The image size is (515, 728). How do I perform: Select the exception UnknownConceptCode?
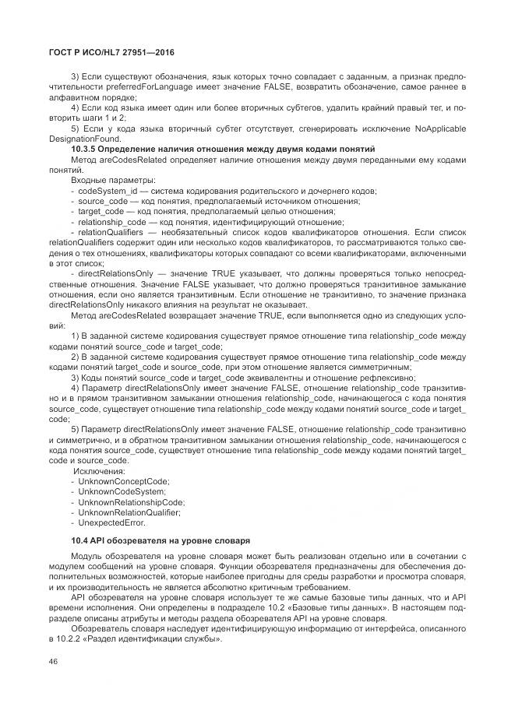click(123, 482)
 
